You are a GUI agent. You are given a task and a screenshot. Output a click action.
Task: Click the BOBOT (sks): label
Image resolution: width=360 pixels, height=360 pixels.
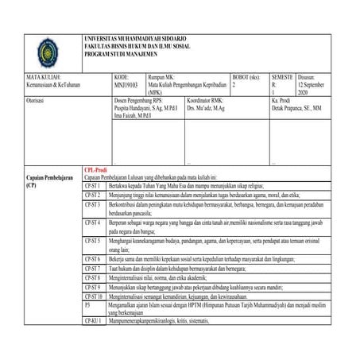247,77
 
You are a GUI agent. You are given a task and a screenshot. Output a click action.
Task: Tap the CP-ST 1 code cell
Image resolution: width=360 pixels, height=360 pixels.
93,184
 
